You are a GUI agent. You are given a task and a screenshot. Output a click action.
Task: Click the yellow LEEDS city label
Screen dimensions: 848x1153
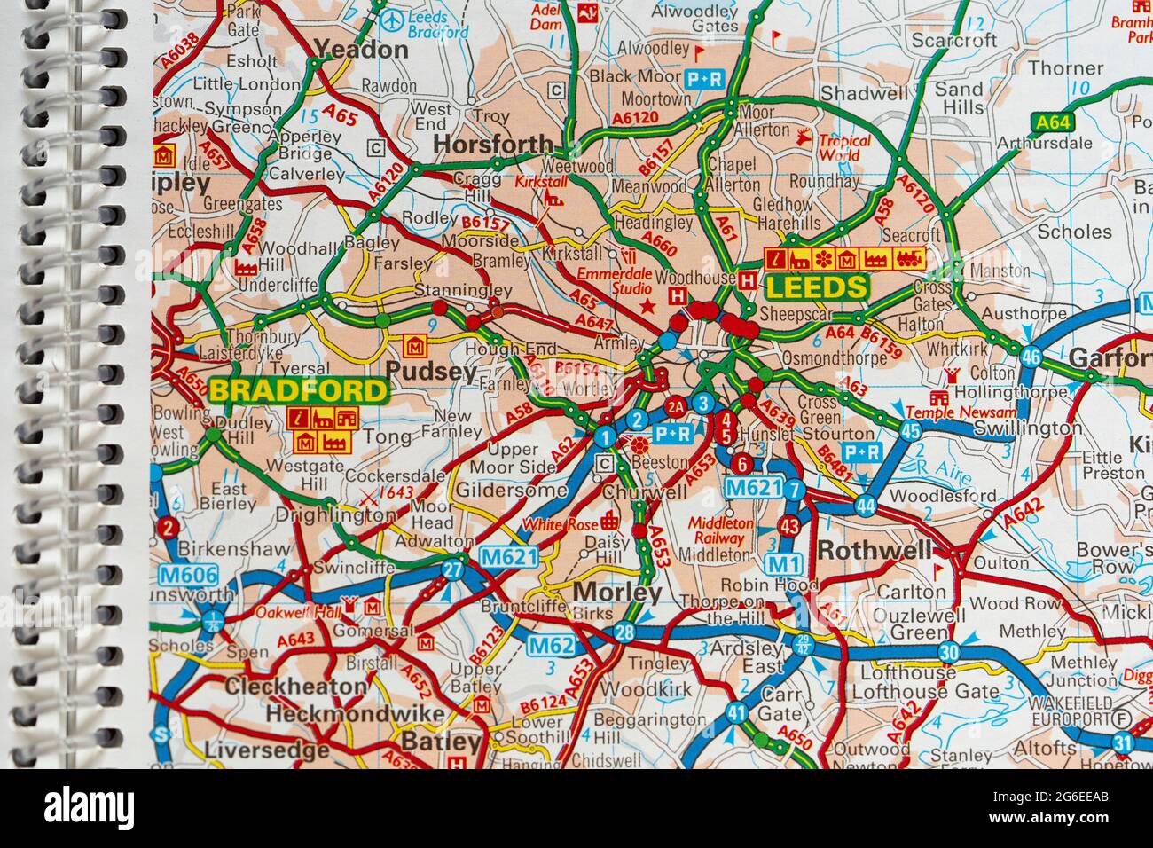point(816,287)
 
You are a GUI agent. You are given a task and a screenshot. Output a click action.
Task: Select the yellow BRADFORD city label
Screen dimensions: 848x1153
point(300,391)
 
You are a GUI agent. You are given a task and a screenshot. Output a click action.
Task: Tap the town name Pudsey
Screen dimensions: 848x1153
point(433,372)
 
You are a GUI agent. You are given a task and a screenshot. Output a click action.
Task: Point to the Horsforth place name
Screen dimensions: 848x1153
point(492,145)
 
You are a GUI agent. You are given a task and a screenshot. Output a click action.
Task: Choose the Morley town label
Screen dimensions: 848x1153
point(617,592)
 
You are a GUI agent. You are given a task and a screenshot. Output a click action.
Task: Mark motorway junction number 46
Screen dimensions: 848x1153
point(1031,357)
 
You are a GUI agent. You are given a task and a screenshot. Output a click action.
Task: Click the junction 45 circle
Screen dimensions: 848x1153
point(910,432)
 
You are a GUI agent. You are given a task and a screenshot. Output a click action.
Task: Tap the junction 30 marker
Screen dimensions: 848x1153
point(950,650)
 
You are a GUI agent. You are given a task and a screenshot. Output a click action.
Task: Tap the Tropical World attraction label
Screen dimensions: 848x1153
point(843,147)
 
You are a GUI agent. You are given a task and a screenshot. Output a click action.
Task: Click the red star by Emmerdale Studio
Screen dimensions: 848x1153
point(648,305)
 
